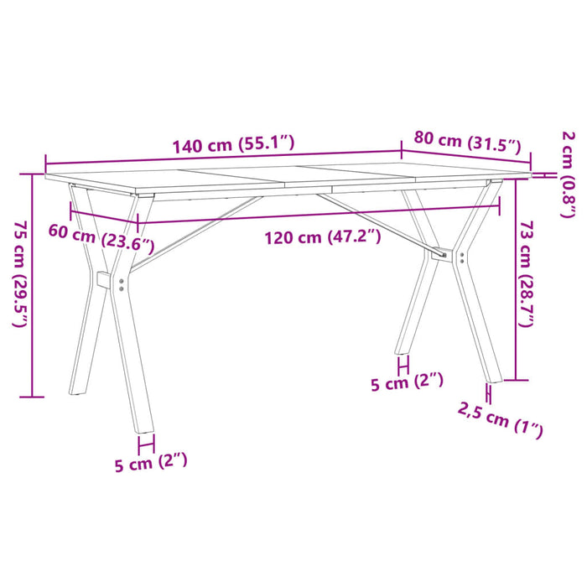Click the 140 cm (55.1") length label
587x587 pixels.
coord(233,144)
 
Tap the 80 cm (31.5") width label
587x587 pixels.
coord(468,143)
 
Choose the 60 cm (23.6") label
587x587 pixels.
coord(101,239)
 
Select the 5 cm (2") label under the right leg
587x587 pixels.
coord(407,382)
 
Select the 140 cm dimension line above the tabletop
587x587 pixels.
coord(222,158)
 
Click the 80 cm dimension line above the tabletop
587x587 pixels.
coord(466,156)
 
